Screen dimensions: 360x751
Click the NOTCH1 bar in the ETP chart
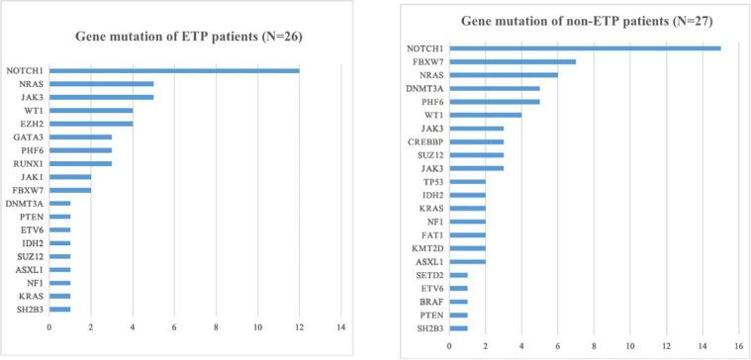click(x=174, y=70)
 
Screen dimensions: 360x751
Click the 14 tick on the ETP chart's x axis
click(x=341, y=325)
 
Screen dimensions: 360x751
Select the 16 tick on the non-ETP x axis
click(x=738, y=346)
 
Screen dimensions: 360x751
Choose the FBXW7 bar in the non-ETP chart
click(x=513, y=61)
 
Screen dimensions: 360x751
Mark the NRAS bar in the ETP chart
click(x=101, y=83)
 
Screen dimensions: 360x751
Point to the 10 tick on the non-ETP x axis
click(x=629, y=346)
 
